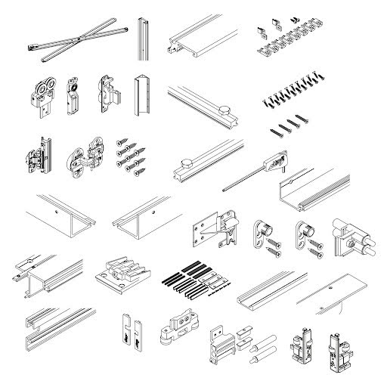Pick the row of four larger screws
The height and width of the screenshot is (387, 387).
coord(291,123)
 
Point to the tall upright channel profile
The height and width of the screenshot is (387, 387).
coord(143,38)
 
